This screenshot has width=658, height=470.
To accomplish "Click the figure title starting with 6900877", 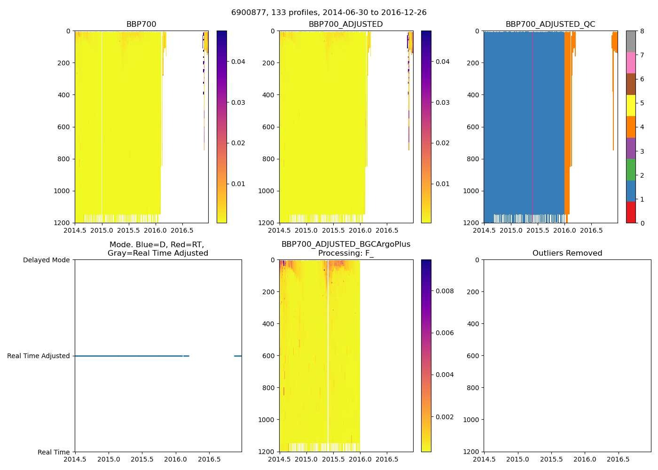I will (329, 13).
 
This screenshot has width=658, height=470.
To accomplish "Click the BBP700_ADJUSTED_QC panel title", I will (550, 24).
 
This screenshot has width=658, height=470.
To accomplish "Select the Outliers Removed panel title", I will (567, 253).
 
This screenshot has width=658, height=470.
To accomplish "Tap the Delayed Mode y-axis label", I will (46, 260).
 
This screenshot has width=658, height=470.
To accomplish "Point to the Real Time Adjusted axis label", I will (39, 356).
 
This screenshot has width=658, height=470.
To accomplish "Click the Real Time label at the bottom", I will (54, 452).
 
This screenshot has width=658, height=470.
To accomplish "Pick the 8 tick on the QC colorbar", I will (642, 31).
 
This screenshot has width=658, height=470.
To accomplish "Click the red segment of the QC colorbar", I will (631, 212).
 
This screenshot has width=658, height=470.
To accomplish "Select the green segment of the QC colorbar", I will (631, 169).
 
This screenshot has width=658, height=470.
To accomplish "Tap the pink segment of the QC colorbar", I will (631, 63).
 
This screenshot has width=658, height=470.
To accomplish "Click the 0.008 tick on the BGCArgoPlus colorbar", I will (444, 291).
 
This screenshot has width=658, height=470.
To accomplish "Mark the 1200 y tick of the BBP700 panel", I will (62, 223).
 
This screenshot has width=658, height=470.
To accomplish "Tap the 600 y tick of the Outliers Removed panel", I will (471, 356).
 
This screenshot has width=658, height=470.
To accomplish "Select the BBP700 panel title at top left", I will (141, 24).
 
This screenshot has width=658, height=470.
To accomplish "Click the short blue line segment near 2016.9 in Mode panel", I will (238, 356).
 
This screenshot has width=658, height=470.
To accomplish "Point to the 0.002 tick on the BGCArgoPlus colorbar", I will (444, 417).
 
